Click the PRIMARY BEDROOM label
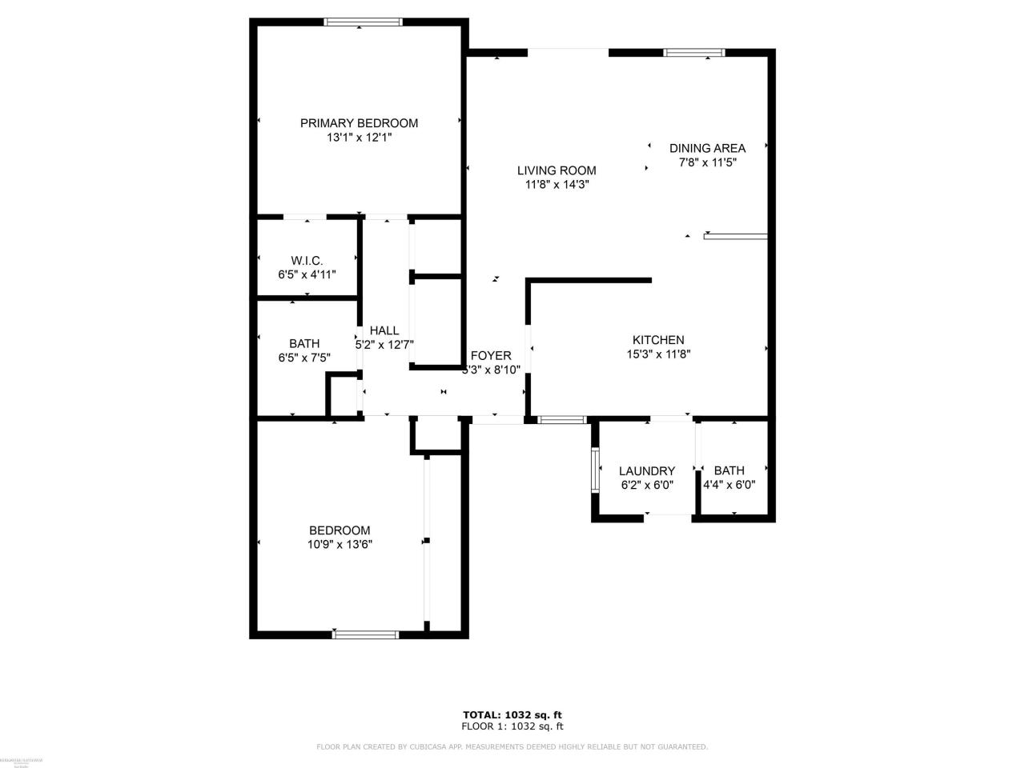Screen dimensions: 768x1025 pos(359,123)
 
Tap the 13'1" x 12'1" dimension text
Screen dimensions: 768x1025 pos(359,138)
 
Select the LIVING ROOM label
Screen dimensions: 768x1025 pos(557,170)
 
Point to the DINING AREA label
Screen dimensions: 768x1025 pos(707,148)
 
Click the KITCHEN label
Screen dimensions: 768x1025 pos(658,340)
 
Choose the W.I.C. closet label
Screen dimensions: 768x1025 pos(307,261)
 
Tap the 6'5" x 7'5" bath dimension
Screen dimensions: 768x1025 pos(304,358)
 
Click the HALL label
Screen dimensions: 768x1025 pos(384,330)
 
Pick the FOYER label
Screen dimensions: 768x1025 pos(491,356)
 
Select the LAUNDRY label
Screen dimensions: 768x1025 pos(647,471)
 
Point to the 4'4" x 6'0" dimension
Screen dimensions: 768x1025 pos(730,485)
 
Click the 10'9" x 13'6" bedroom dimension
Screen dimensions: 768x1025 pos(340,545)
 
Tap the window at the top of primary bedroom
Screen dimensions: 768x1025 pos(362,22)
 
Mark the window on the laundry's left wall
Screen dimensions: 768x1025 pos(595,470)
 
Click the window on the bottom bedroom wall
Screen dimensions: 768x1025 pos(365,634)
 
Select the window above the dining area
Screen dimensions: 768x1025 pos(694,53)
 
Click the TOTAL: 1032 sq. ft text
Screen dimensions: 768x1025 pos(512,714)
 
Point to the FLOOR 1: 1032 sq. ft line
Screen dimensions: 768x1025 pos(512,726)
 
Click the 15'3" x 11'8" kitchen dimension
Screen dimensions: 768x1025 pos(658,354)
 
